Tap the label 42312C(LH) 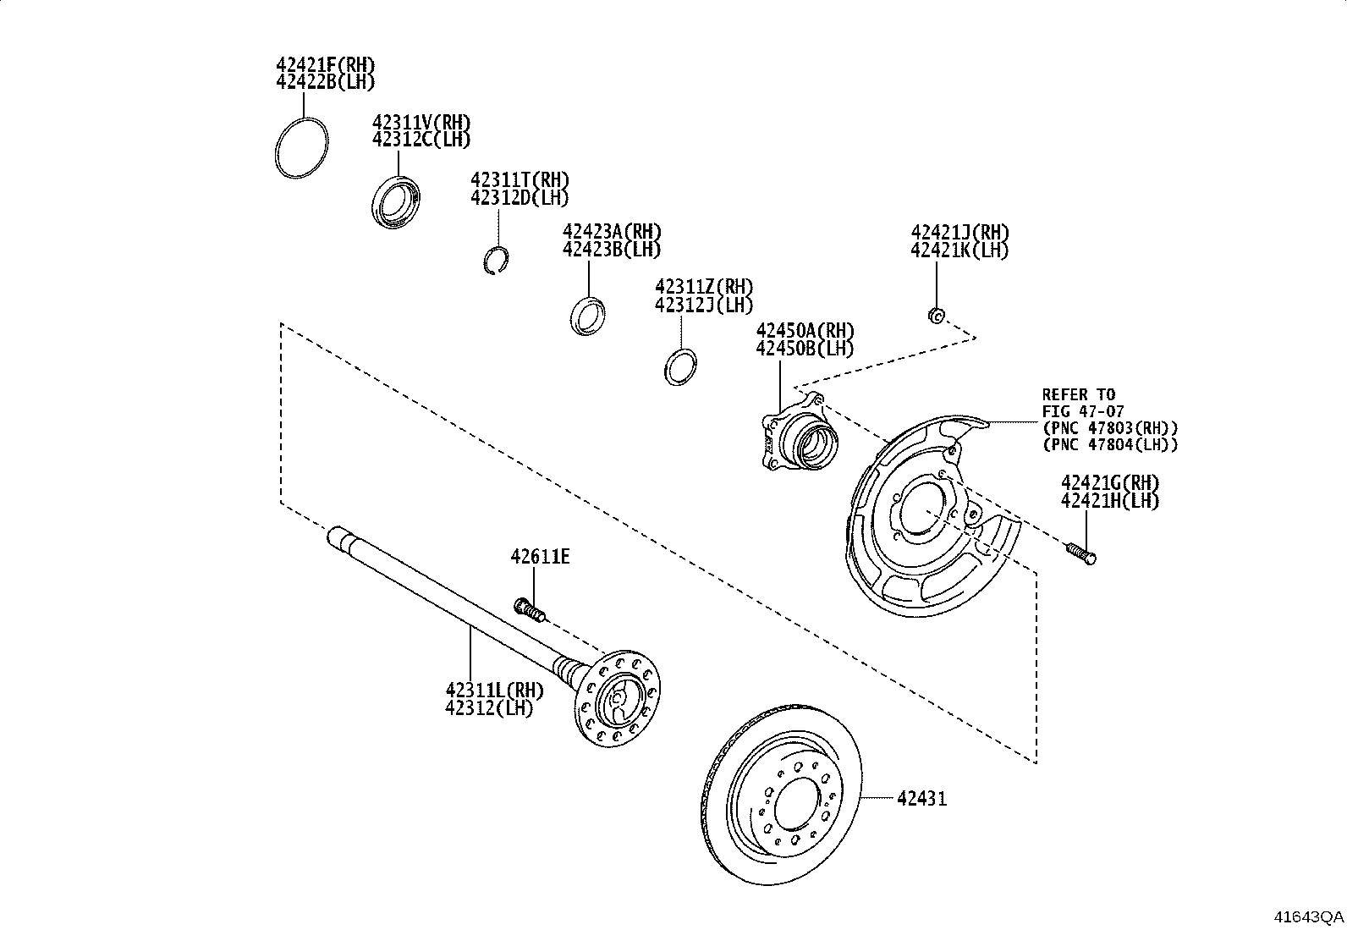pyautogui.click(x=421, y=140)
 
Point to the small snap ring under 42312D pyautogui.click(x=497, y=260)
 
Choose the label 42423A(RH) pyautogui.click(x=612, y=232)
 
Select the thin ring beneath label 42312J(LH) pyautogui.click(x=679, y=366)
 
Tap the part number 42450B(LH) pyautogui.click(x=805, y=348)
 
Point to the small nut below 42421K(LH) pyautogui.click(x=936, y=315)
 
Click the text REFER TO pyautogui.click(x=1078, y=394)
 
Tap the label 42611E pyautogui.click(x=540, y=556)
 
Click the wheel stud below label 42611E pyautogui.click(x=529, y=608)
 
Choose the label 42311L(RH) pyautogui.click(x=495, y=691)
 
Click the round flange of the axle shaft pyautogui.click(x=618, y=698)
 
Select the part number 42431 pyautogui.click(x=921, y=798)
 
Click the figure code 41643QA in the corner pyautogui.click(x=1309, y=916)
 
